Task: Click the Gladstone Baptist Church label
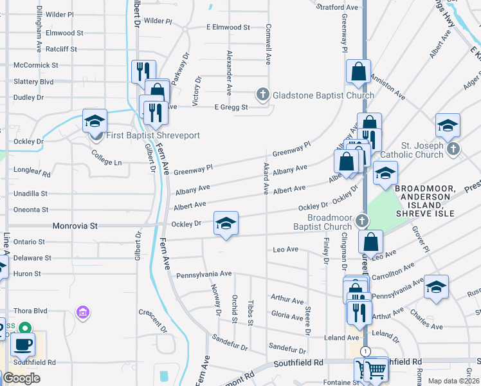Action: point(323,95)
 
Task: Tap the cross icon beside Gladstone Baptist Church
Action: point(262,95)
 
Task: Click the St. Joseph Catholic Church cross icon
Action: point(453,149)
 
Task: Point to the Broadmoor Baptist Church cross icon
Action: point(362,222)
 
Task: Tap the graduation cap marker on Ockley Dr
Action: point(226,224)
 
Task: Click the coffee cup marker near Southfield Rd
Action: point(23,344)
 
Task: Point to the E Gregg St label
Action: point(231,107)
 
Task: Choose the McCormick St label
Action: point(36,65)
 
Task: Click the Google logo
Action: point(21,378)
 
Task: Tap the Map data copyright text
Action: point(453,381)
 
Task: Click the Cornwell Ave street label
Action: point(268,44)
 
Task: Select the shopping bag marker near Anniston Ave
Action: point(358,72)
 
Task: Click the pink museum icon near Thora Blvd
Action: point(82,313)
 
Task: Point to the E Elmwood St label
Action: point(228,28)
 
